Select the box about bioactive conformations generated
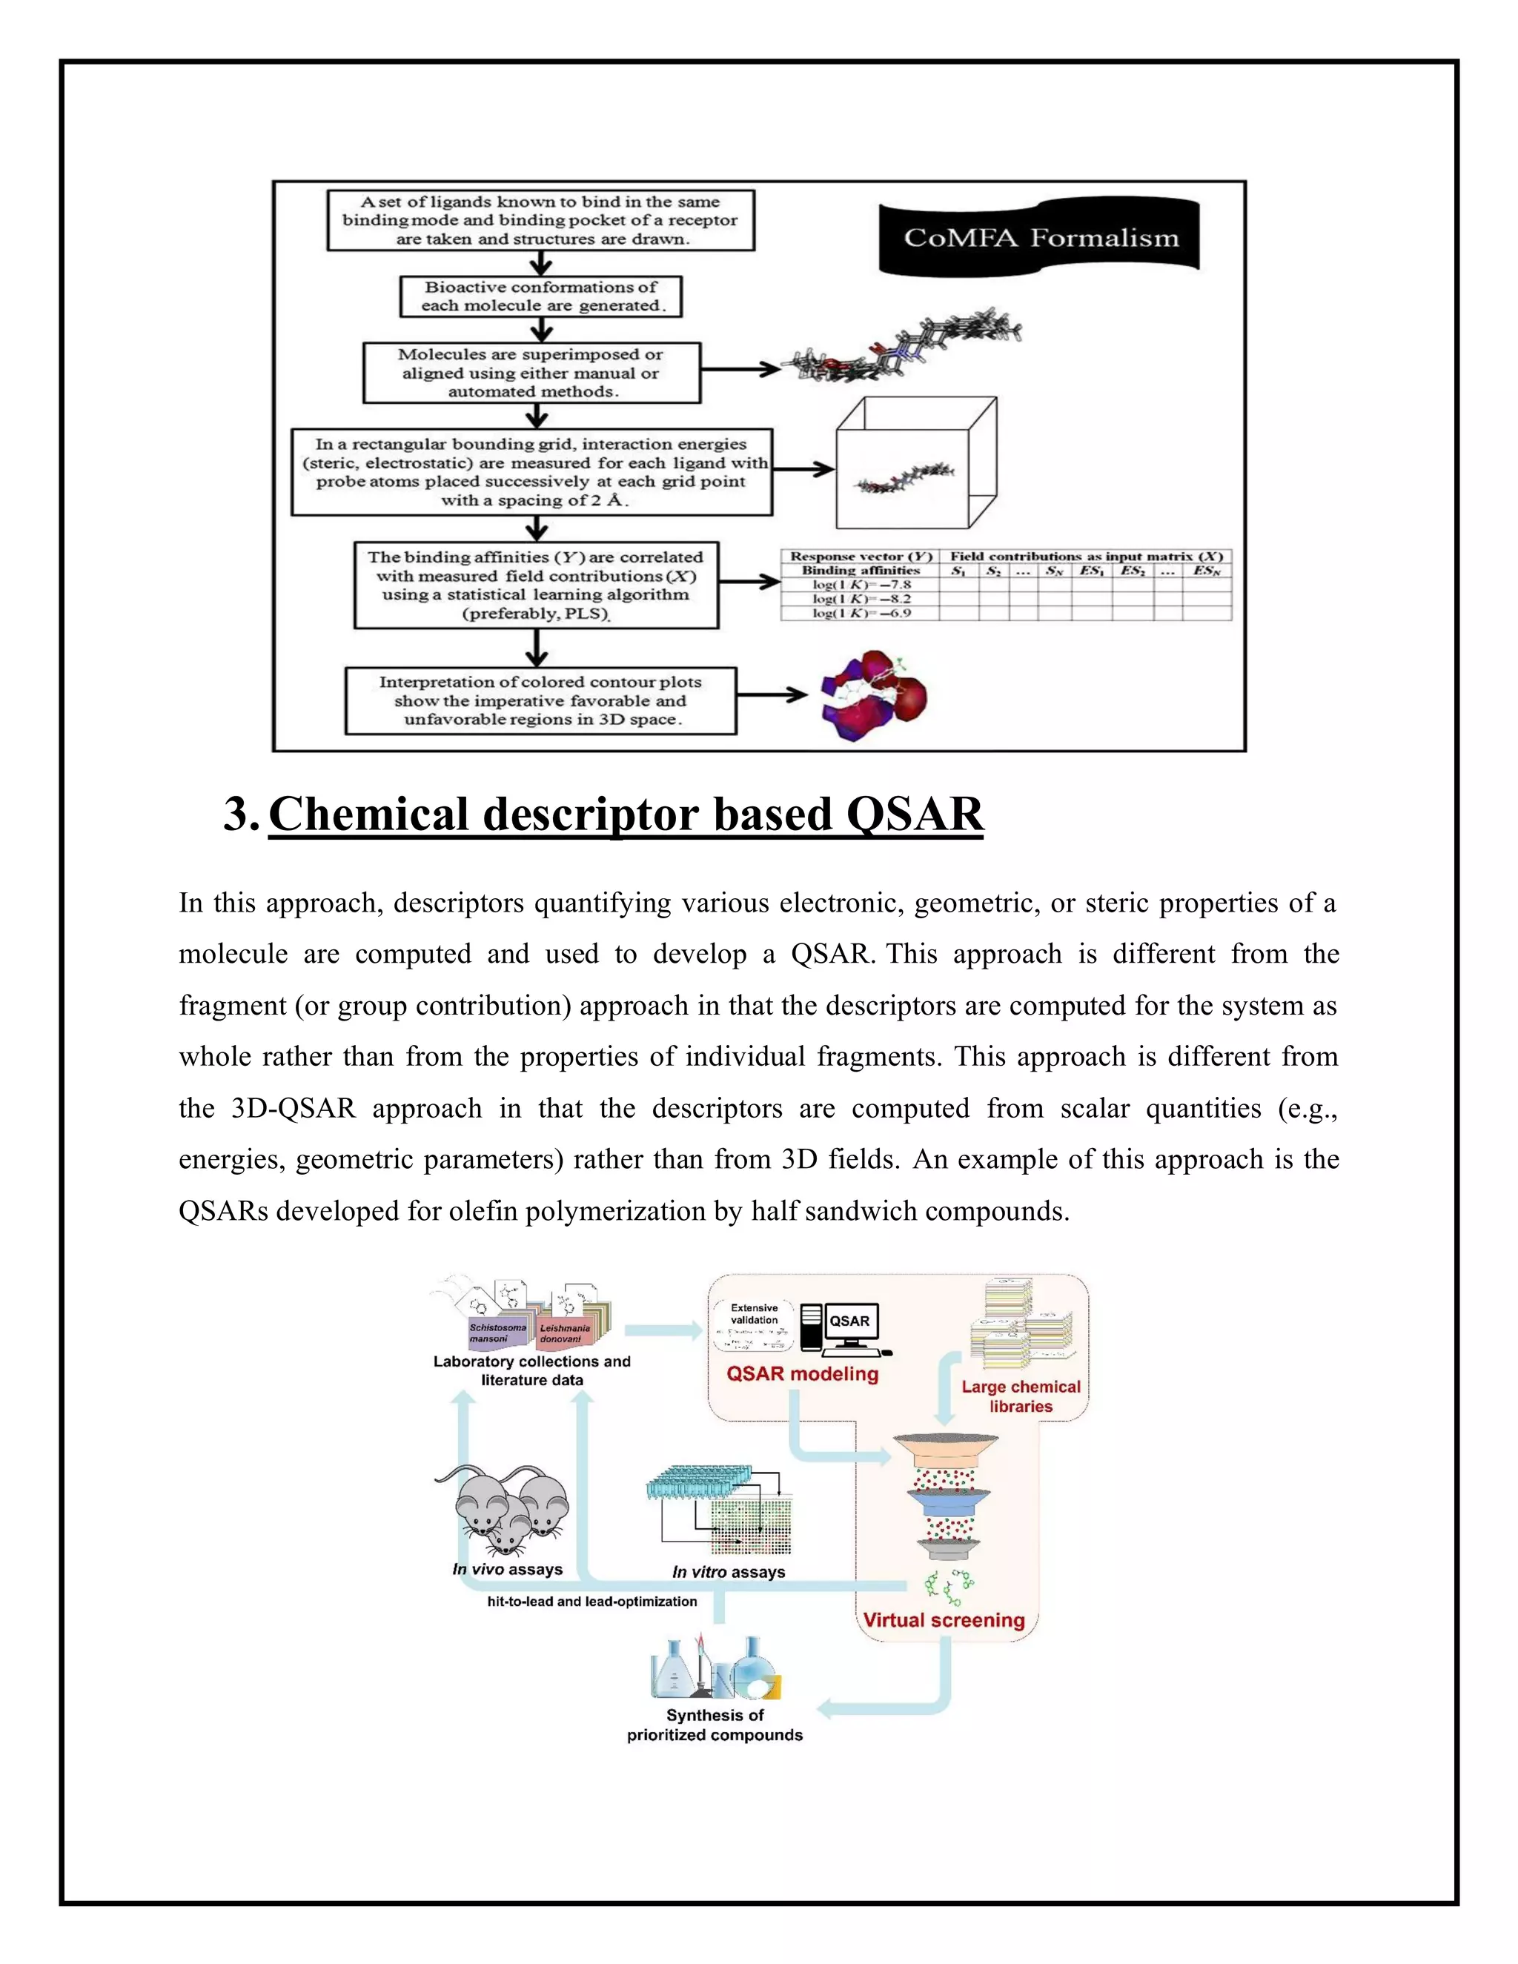point(540,296)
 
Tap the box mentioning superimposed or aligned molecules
point(531,372)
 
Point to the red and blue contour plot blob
point(873,694)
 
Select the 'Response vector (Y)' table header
point(861,557)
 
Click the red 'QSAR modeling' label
point(802,1374)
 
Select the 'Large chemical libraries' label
point(1021,1396)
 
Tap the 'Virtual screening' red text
point(944,1620)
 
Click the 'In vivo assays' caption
point(507,1569)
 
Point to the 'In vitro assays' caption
point(729,1572)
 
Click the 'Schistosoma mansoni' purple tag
point(497,1333)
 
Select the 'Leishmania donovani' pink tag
point(565,1333)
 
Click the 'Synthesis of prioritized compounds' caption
point(715,1725)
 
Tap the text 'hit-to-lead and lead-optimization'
point(591,1602)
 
